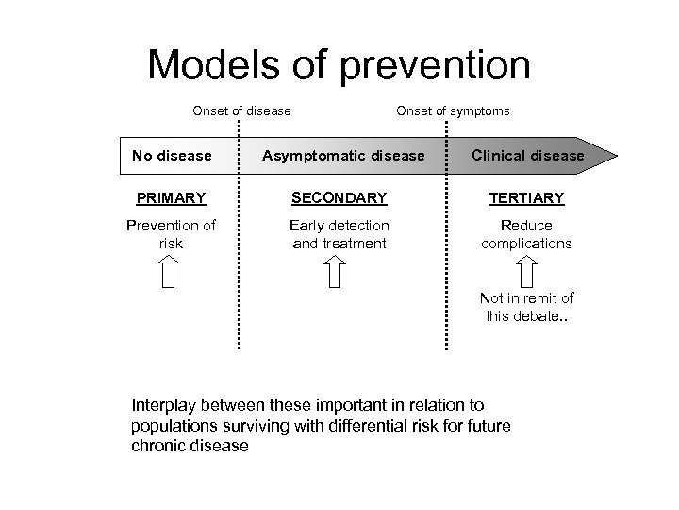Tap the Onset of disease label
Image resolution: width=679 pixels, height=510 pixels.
click(x=241, y=110)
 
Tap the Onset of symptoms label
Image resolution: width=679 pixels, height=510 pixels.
click(x=453, y=110)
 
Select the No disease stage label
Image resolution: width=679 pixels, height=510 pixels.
click(x=172, y=155)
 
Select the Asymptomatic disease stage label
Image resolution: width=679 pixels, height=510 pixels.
click(x=343, y=155)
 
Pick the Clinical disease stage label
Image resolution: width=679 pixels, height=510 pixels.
click(x=528, y=155)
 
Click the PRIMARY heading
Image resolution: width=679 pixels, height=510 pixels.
click(x=171, y=198)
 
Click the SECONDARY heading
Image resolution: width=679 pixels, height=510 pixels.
click(x=339, y=198)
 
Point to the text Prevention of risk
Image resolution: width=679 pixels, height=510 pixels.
click(x=171, y=234)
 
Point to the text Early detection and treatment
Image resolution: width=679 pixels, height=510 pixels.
click(x=339, y=234)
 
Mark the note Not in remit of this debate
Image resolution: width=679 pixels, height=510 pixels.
click(x=528, y=307)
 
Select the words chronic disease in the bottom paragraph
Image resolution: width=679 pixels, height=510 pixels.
click(x=190, y=446)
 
